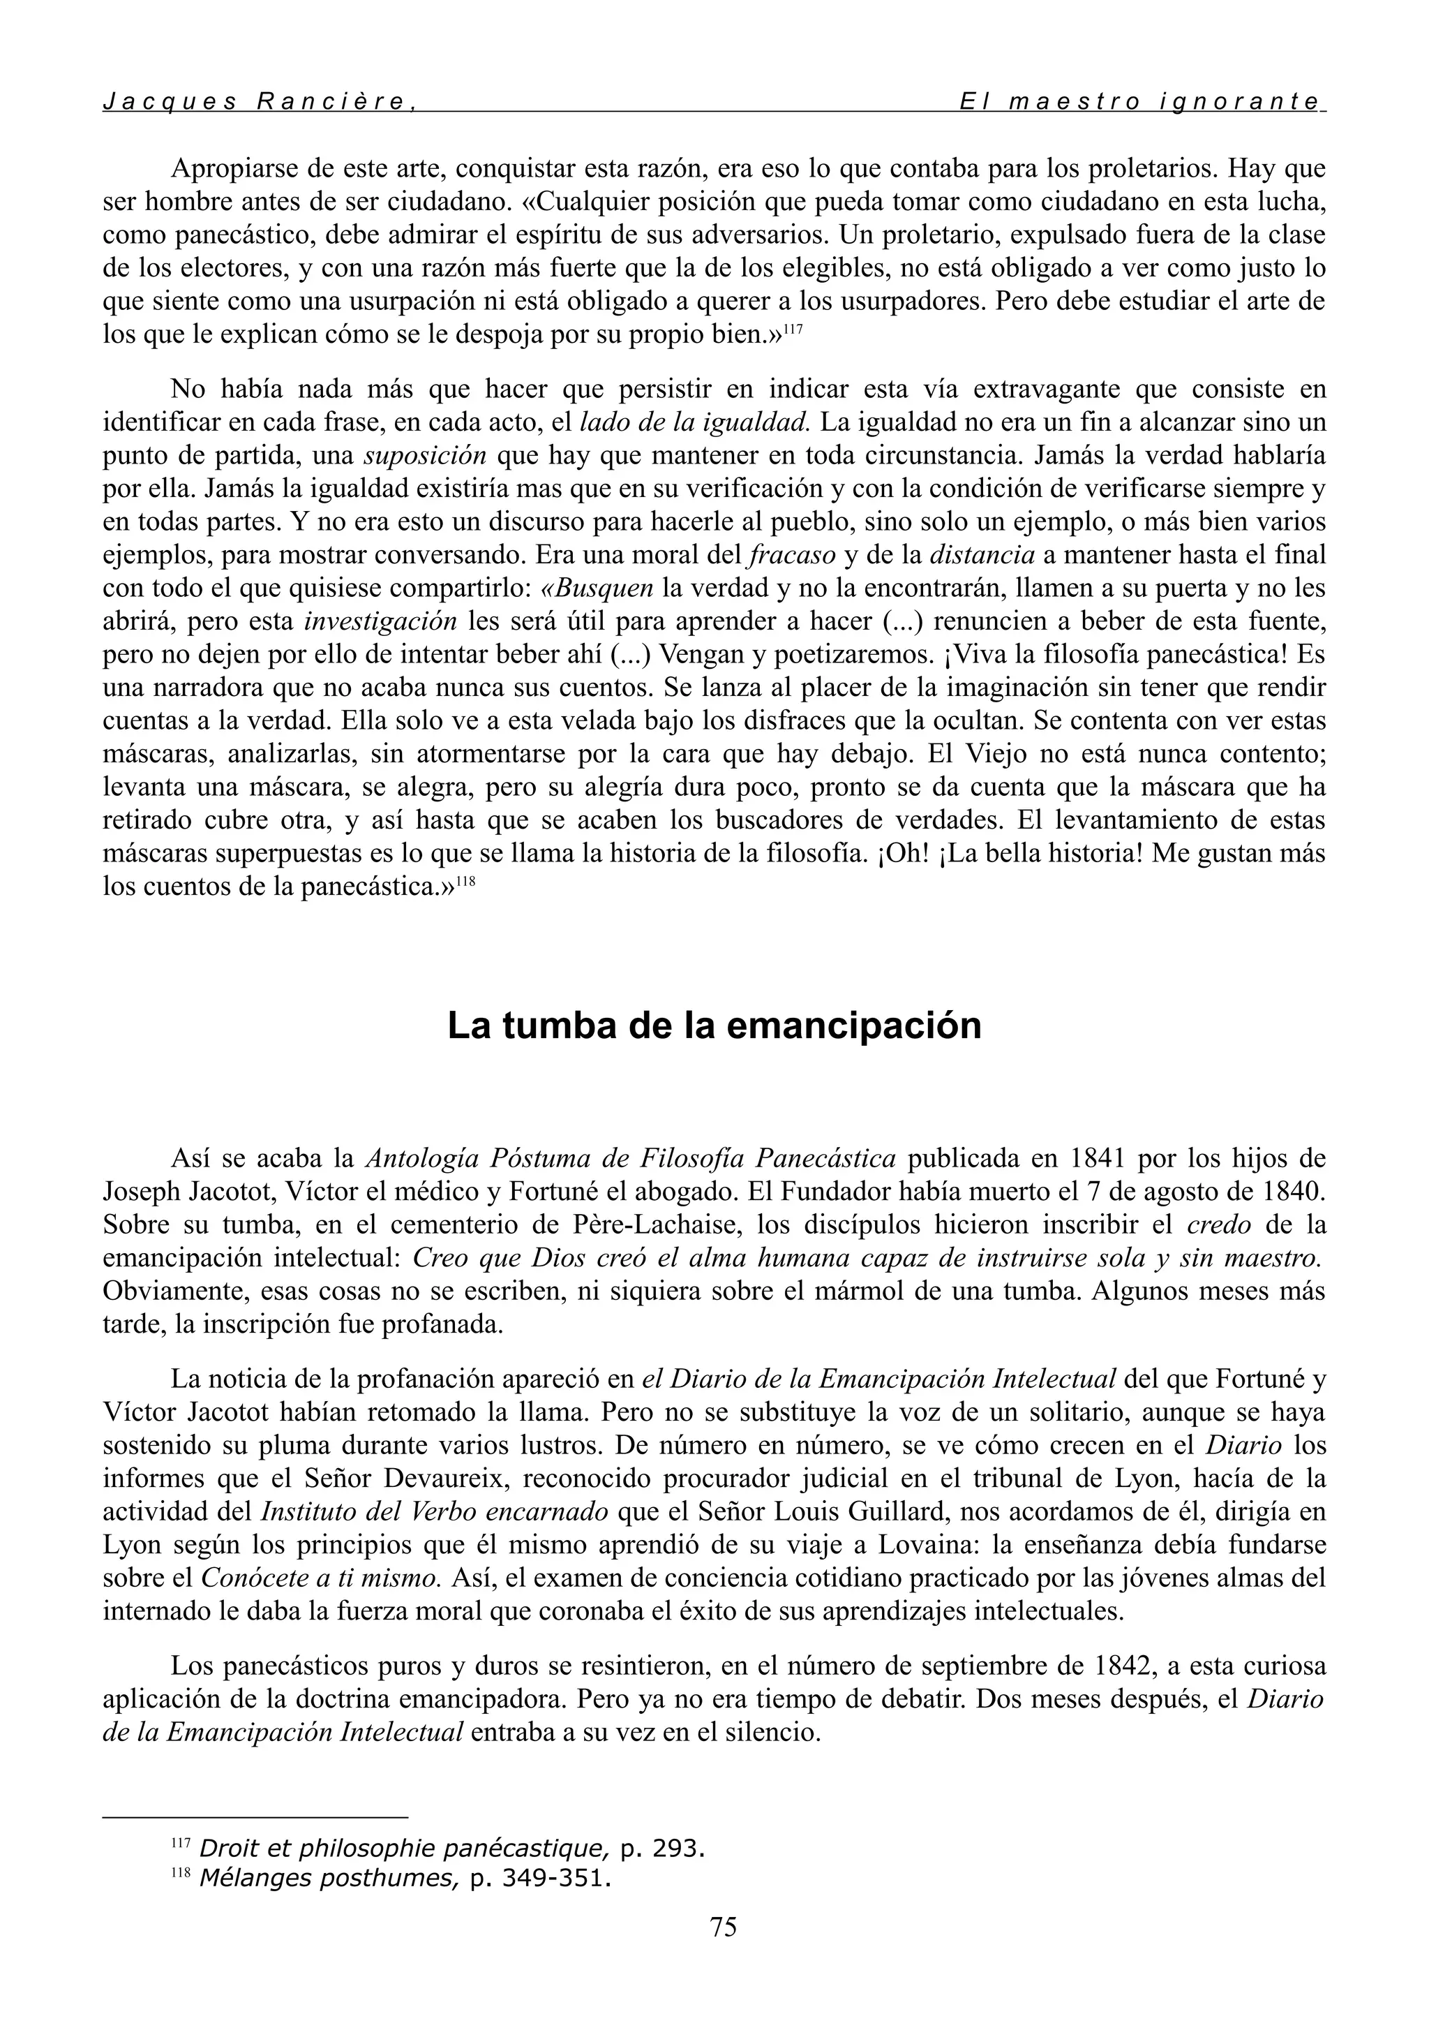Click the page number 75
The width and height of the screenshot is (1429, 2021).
click(722, 1927)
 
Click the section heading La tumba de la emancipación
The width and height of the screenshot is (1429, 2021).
click(714, 1026)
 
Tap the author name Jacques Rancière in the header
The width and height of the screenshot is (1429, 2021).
click(257, 101)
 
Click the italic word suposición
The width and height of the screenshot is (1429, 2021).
click(425, 456)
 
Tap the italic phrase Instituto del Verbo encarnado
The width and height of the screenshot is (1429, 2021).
click(435, 1511)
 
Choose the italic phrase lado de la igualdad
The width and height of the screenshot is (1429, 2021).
click(695, 422)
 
